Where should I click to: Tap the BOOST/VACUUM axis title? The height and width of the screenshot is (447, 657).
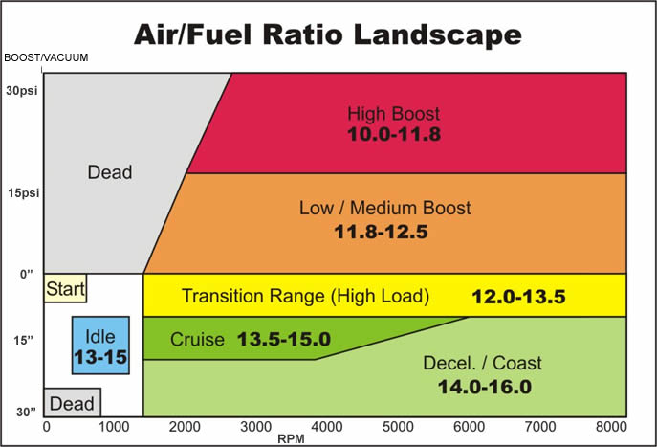[x=46, y=58]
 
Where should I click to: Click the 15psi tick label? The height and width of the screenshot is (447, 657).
[x=19, y=192]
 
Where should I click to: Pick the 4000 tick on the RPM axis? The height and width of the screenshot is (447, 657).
[x=328, y=426]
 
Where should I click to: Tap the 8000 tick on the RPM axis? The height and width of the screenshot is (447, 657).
[x=609, y=426]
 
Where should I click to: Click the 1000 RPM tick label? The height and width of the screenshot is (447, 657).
[x=116, y=426]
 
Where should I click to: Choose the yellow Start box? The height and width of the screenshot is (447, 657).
[x=65, y=288]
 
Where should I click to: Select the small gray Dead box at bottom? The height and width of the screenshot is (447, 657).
[x=73, y=404]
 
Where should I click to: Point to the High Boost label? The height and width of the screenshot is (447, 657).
[x=393, y=114]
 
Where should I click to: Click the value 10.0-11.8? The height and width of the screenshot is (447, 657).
[x=393, y=134]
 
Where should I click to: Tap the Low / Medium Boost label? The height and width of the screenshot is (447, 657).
[x=385, y=207]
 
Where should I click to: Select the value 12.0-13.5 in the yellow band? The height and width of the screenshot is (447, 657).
[x=518, y=297]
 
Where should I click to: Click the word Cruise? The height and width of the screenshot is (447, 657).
[x=197, y=340]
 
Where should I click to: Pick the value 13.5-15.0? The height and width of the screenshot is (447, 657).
[x=283, y=340]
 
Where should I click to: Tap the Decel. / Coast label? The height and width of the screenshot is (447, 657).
[x=482, y=364]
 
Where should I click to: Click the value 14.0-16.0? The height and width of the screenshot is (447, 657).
[x=482, y=387]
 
